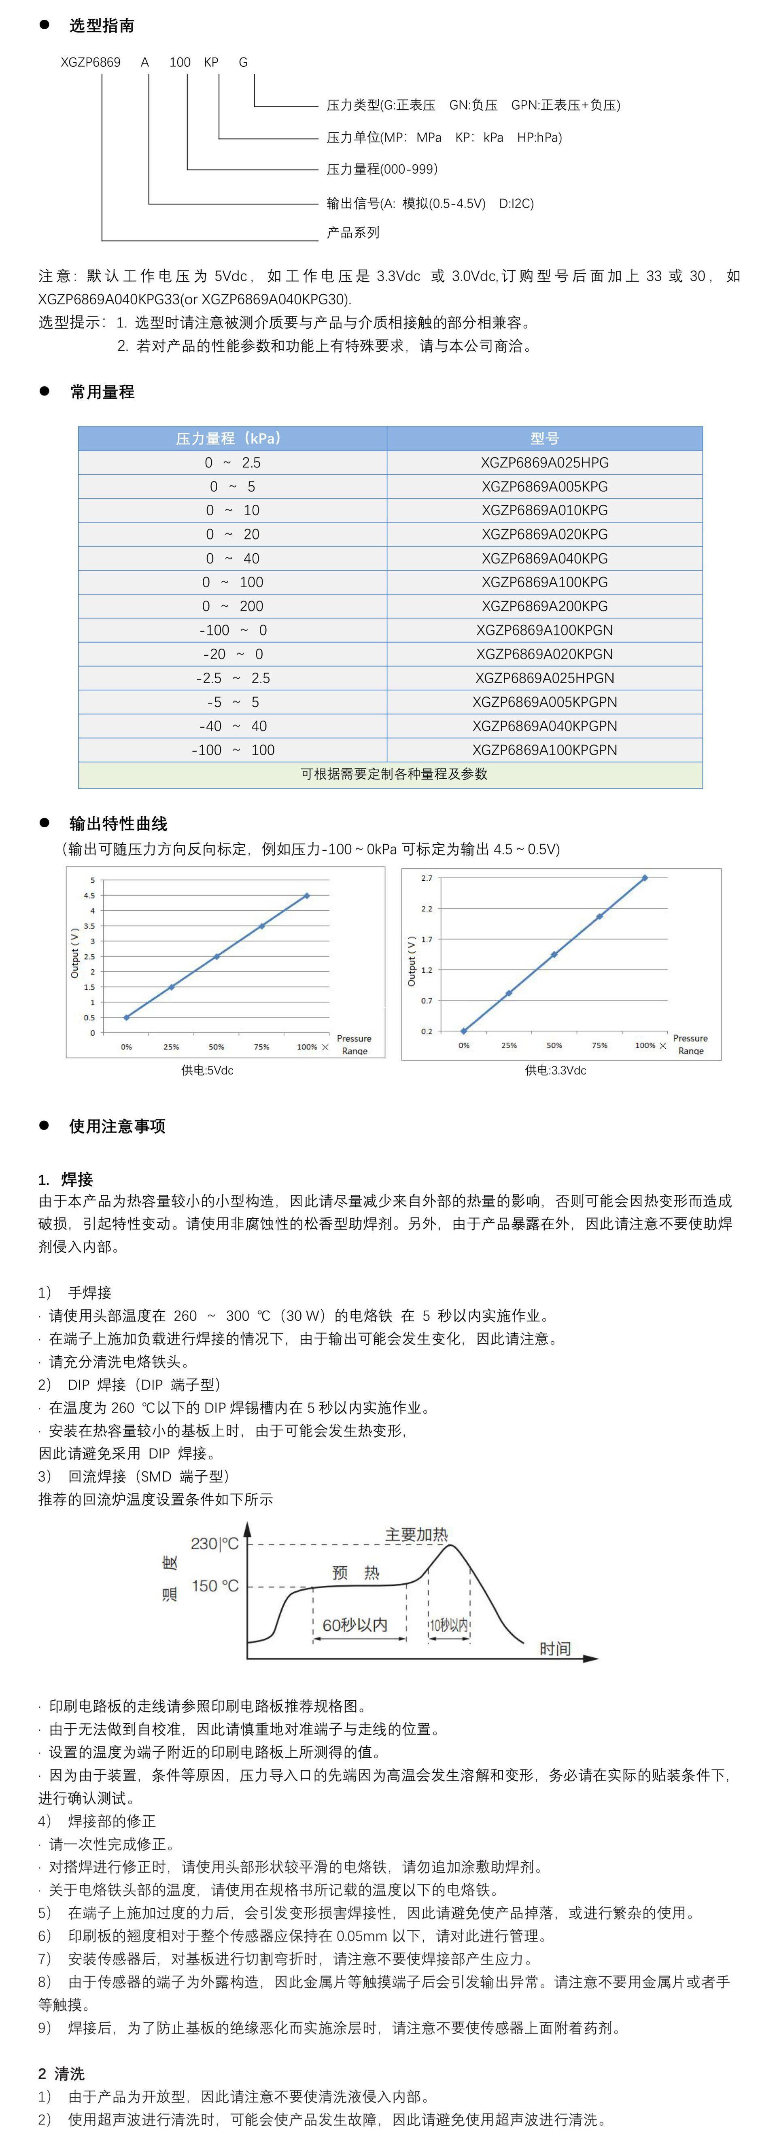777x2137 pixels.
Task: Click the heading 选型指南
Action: (x=101, y=26)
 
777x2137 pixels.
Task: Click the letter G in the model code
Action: (x=243, y=62)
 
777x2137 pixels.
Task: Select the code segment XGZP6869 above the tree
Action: (x=90, y=62)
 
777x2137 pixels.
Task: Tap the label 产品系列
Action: (x=352, y=232)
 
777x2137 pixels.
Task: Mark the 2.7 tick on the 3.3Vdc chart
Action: (x=426, y=878)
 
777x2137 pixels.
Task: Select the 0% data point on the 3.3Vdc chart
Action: (x=463, y=1031)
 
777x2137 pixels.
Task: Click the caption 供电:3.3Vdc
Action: (x=555, y=1070)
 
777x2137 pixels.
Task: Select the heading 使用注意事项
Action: (x=117, y=1126)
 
